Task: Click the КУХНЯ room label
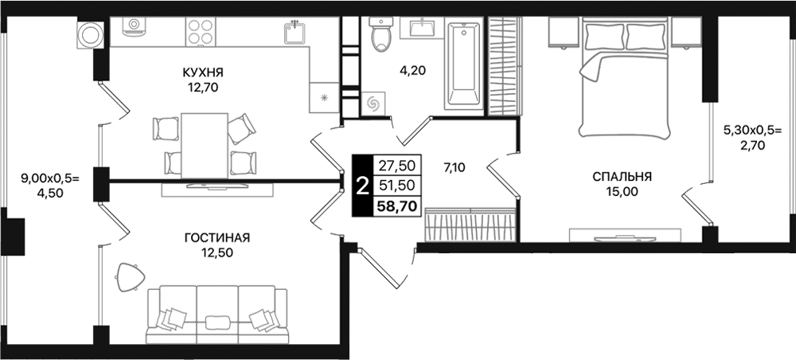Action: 203,72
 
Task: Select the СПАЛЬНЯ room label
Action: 622,177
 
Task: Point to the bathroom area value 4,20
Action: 412,70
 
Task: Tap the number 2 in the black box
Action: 362,187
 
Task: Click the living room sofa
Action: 217,315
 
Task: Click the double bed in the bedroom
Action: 627,80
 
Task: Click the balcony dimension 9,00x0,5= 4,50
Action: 45,186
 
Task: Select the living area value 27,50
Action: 395,166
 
